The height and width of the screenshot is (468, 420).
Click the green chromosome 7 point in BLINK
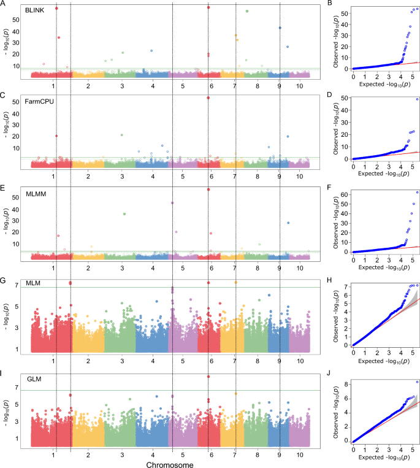(x=246, y=11)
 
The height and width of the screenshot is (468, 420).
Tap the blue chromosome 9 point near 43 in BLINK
(x=280, y=28)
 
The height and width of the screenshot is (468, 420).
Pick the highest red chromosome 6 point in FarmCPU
(x=209, y=98)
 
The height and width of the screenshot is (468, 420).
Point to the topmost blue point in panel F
(x=417, y=193)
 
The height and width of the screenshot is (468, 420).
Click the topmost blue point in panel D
(x=417, y=99)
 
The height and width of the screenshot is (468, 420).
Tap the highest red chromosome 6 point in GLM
(x=209, y=377)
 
